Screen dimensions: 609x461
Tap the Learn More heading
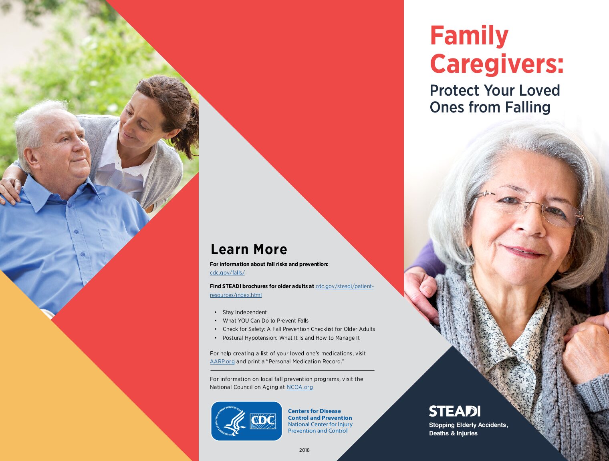click(x=249, y=249)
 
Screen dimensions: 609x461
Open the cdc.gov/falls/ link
click(x=227, y=273)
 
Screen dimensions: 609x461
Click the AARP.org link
click(x=222, y=361)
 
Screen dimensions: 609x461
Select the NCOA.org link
click(x=300, y=387)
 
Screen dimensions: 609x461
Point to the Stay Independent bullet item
click(x=244, y=312)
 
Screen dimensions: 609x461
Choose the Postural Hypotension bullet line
click(x=291, y=338)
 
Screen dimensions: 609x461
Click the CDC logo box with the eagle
click(x=246, y=421)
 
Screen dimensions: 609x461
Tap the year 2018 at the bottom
click(x=304, y=450)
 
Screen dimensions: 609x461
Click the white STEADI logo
click(x=454, y=411)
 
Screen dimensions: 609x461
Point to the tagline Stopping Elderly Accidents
click(x=468, y=425)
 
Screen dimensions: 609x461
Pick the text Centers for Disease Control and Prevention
click(x=320, y=415)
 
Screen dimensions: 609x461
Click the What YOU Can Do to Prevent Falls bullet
click(x=266, y=321)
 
